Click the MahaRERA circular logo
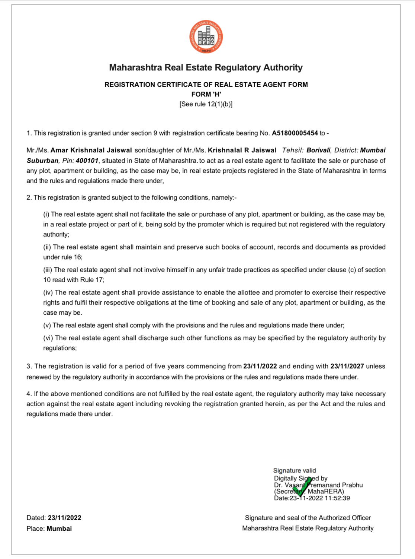(x=206, y=36)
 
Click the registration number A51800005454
(x=295, y=133)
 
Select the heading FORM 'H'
(x=206, y=94)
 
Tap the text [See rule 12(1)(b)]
(x=206, y=104)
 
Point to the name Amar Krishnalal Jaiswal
(x=91, y=150)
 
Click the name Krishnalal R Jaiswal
(x=242, y=150)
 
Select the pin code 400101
(x=87, y=161)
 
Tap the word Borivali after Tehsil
(x=318, y=150)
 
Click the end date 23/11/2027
(x=347, y=366)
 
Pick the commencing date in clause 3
(x=260, y=366)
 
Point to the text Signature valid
(x=295, y=471)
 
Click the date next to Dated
(x=64, y=518)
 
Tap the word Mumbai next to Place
(x=59, y=529)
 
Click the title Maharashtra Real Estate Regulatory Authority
(x=206, y=67)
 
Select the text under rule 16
(x=63, y=257)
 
